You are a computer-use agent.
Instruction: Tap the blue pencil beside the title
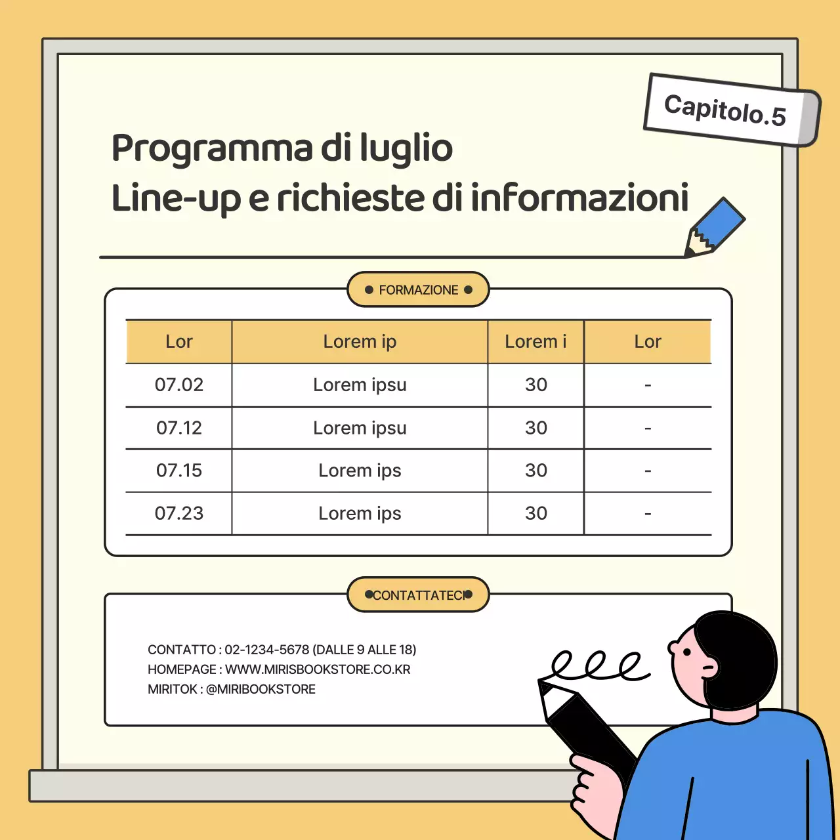click(x=715, y=227)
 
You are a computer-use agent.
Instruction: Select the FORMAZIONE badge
click(x=418, y=290)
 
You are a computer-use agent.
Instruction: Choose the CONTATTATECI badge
click(x=418, y=595)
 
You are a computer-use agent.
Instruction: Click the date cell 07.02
click(x=179, y=385)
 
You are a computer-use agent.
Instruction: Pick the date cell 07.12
click(x=179, y=428)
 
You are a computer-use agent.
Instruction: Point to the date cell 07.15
click(x=179, y=471)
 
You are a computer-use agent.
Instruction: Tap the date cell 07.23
click(x=179, y=513)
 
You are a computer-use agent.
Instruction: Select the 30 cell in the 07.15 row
click(x=535, y=471)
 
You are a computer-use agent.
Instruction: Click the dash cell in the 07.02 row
click(x=648, y=385)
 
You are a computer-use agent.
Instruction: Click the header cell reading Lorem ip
click(x=360, y=342)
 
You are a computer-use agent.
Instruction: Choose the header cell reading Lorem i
click(x=535, y=342)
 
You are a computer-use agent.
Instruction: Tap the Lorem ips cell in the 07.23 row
click(x=360, y=513)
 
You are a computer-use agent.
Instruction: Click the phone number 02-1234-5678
click(x=267, y=650)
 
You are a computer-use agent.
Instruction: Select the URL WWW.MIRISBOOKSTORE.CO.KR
click(x=318, y=669)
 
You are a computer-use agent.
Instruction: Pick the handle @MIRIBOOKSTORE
click(x=261, y=689)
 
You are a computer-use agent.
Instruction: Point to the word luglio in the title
click(x=406, y=148)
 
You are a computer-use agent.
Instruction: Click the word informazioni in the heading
click(x=580, y=198)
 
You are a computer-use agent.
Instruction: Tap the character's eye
click(x=686, y=652)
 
